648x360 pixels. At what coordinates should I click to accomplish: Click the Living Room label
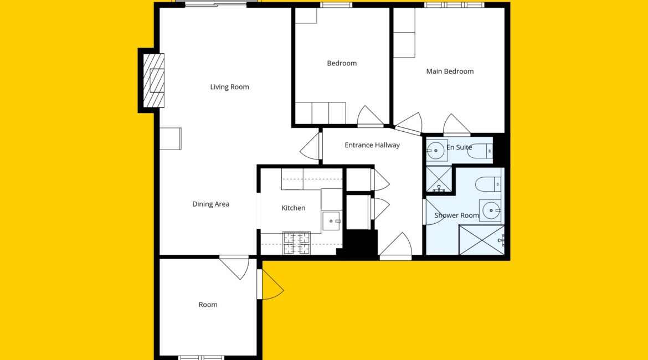tap(229, 87)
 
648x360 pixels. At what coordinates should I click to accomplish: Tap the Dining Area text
tap(211, 204)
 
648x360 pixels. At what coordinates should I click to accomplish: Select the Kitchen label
tap(294, 208)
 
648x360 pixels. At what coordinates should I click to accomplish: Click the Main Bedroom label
tap(450, 71)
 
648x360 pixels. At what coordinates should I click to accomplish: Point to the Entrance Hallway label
tap(372, 145)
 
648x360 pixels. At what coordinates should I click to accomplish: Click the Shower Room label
tap(456, 215)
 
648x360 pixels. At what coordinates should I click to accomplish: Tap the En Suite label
tap(459, 147)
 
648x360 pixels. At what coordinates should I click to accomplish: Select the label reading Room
tap(208, 305)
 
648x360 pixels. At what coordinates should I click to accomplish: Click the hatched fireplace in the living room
tap(154, 81)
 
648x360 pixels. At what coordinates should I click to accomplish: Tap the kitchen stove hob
tap(296, 243)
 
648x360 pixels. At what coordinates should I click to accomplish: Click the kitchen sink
tap(331, 221)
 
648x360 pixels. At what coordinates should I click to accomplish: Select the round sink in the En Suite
tap(435, 151)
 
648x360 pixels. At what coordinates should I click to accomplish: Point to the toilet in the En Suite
tap(481, 151)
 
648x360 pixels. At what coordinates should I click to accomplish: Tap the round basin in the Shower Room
tap(491, 210)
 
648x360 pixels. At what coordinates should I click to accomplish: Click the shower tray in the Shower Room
tap(482, 240)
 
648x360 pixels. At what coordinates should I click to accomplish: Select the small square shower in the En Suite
tap(439, 179)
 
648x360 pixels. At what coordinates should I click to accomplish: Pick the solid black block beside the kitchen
tap(361, 243)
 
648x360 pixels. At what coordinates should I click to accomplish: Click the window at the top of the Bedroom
tap(336, 5)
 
